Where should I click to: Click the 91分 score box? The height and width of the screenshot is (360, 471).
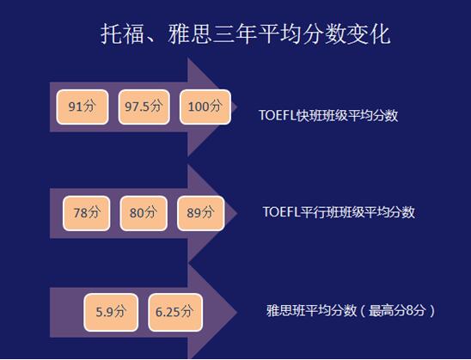click(83, 107)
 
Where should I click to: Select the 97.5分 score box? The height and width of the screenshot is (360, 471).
click(144, 107)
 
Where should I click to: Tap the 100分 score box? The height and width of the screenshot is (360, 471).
click(205, 107)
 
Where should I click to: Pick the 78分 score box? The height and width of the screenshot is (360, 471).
click(87, 213)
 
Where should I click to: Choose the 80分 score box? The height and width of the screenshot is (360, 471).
click(144, 213)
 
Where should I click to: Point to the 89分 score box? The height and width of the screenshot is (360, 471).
click(200, 213)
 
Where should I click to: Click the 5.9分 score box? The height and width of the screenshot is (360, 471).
click(111, 312)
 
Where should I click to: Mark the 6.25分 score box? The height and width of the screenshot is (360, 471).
click(175, 312)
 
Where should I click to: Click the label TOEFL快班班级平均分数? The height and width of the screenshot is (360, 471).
click(328, 115)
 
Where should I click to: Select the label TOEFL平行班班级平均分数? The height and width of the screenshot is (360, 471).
click(339, 212)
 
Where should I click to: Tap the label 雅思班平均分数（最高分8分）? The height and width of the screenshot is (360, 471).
click(351, 310)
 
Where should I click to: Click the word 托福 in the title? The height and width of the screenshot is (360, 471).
click(122, 34)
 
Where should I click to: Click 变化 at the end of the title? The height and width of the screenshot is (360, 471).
click(369, 34)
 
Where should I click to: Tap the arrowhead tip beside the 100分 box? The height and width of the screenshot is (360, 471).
click(237, 107)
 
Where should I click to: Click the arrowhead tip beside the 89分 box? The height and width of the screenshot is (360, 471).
click(237, 213)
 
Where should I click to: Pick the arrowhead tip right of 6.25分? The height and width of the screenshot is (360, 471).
click(237, 312)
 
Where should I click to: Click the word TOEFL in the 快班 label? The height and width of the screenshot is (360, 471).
click(278, 115)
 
